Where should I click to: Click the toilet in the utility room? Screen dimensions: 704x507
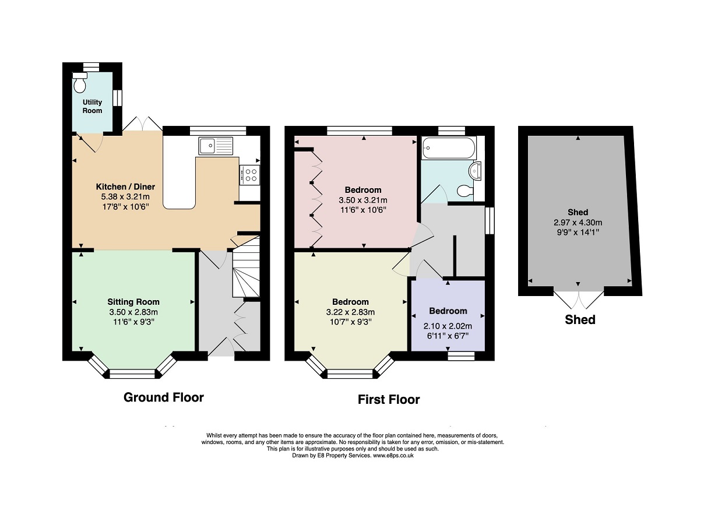pyautogui.click(x=80, y=83)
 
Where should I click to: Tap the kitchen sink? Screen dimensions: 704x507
pyautogui.click(x=216, y=146)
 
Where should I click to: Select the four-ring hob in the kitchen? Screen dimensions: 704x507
pyautogui.click(x=250, y=175)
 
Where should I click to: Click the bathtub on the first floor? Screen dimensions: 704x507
pyautogui.click(x=449, y=148)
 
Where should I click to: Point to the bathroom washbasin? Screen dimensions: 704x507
pyautogui.click(x=474, y=171)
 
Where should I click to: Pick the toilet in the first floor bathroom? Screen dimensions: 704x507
pyautogui.click(x=466, y=191)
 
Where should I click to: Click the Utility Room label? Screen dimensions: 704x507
pyautogui.click(x=92, y=106)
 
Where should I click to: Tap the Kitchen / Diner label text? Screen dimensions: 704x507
pyautogui.click(x=125, y=186)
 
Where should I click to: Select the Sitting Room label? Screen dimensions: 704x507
pyautogui.click(x=133, y=302)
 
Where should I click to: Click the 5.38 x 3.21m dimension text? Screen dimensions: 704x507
pyautogui.click(x=125, y=197)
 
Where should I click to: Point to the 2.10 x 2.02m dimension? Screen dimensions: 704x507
pyautogui.click(x=448, y=326)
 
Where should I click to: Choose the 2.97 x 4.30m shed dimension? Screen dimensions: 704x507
pyautogui.click(x=578, y=223)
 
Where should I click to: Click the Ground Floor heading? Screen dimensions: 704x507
pyautogui.click(x=164, y=397)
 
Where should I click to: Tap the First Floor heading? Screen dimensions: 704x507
pyautogui.click(x=389, y=400)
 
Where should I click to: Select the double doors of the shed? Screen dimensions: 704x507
pyautogui.click(x=578, y=300)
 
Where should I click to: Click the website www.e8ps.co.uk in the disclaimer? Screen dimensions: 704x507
pyautogui.click(x=393, y=456)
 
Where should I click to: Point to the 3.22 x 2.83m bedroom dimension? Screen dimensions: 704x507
pyautogui.click(x=350, y=312)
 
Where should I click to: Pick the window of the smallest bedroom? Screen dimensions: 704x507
pyautogui.click(x=461, y=356)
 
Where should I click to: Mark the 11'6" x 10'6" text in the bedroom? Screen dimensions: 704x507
pyautogui.click(x=363, y=210)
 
